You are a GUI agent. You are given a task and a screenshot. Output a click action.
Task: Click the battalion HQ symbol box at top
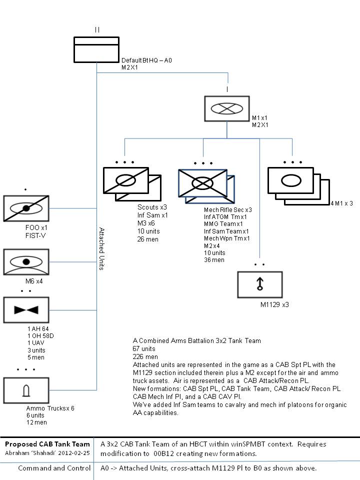(96, 49)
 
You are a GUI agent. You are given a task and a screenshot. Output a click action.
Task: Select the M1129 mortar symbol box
(259, 284)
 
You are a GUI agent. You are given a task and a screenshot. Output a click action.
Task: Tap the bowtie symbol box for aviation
(26, 310)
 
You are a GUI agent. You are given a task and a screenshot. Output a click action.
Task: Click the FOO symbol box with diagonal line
(26, 208)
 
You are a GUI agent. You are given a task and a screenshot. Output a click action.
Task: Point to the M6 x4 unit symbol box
(26, 261)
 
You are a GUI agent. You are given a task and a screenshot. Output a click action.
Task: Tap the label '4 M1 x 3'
(341, 203)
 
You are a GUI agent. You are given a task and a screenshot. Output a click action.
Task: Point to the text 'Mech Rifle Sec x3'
(227, 209)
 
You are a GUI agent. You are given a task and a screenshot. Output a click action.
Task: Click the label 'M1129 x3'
(274, 304)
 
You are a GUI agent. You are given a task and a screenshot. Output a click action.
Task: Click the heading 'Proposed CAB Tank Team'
(47, 443)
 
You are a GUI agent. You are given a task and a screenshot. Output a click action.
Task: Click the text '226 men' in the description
(145, 356)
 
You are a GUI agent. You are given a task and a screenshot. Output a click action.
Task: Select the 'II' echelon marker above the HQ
(96, 30)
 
